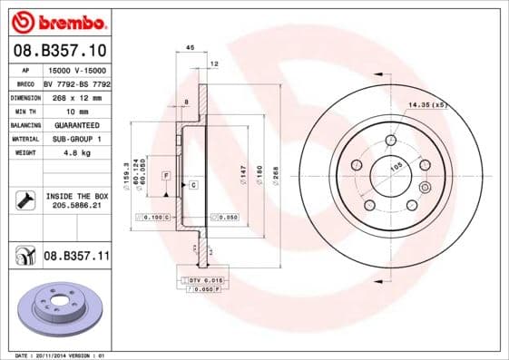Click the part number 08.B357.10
59,51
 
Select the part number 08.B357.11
76,258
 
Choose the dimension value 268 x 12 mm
74,96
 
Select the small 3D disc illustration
61,309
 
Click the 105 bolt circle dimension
396,167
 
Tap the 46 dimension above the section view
191,47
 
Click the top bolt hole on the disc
391,140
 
